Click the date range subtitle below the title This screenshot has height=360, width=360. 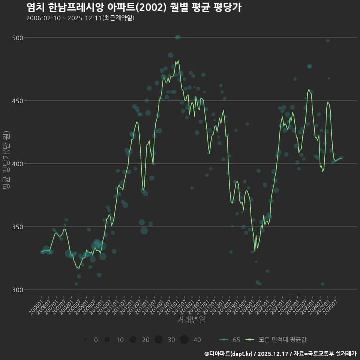click(x=80, y=18)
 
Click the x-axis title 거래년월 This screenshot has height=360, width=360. click(x=191, y=320)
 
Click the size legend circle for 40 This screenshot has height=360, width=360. click(x=184, y=340)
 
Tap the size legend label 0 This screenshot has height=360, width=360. click(x=96, y=340)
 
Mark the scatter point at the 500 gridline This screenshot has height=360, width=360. click(x=178, y=37)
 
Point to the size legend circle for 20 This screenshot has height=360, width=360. click(x=133, y=340)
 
